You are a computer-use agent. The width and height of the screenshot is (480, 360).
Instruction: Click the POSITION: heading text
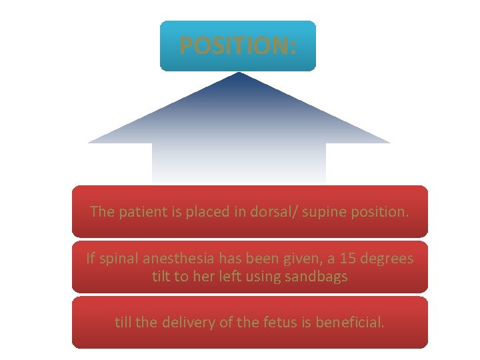click(238, 45)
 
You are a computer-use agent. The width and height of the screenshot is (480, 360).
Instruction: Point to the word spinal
click(119, 258)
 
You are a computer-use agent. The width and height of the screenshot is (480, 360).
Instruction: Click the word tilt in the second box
click(161, 276)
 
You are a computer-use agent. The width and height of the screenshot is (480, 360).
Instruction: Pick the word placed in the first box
click(195, 212)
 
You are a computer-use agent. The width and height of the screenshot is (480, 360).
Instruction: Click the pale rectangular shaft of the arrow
click(239, 163)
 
